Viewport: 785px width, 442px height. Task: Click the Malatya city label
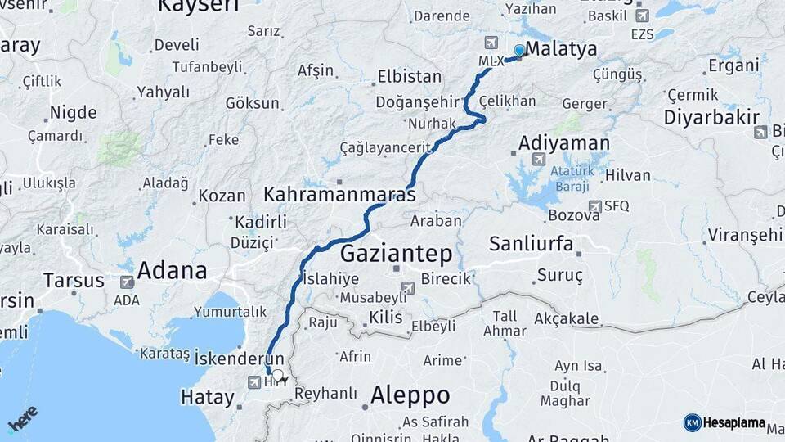tap(561, 49)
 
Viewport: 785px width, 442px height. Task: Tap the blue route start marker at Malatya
tap(518, 51)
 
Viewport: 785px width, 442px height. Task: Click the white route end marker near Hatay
tap(277, 376)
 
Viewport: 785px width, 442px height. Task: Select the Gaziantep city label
tap(396, 253)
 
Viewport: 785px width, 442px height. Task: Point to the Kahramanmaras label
tap(339, 195)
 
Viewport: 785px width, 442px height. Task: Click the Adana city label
tap(172, 270)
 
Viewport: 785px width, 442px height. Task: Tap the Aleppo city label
tap(410, 395)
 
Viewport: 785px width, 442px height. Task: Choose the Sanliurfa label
tap(531, 243)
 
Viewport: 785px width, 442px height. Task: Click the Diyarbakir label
tap(711, 116)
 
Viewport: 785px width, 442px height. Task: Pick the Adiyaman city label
tap(564, 143)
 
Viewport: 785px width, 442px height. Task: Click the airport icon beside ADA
tap(127, 282)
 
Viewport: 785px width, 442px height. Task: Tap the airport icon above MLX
tap(491, 43)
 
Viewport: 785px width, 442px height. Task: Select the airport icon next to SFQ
tap(595, 205)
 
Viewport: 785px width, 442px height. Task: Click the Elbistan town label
tap(409, 77)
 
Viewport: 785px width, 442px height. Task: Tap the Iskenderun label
tap(240, 358)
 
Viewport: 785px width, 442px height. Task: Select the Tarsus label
tap(74, 280)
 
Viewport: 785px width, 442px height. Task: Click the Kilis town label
tap(385, 317)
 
